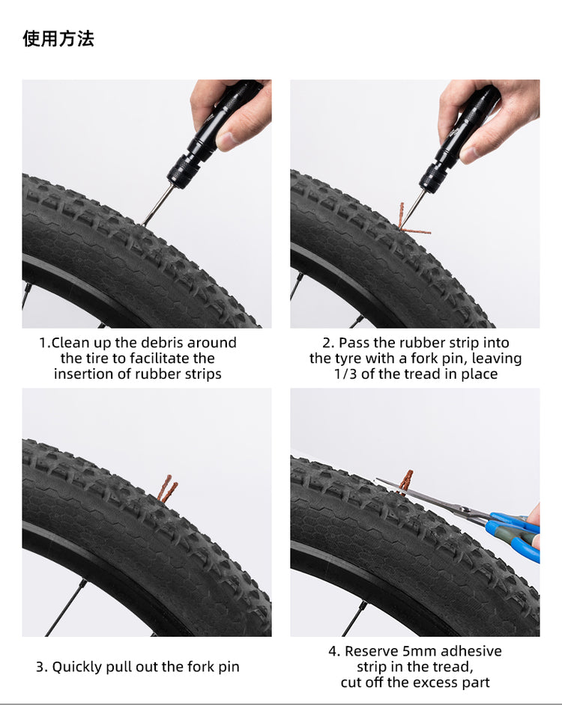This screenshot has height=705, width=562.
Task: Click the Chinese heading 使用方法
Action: (x=58, y=39)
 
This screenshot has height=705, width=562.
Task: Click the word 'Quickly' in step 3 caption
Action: (x=76, y=667)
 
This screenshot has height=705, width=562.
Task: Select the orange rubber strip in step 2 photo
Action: (x=405, y=220)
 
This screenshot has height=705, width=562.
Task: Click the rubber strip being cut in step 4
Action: (x=406, y=479)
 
